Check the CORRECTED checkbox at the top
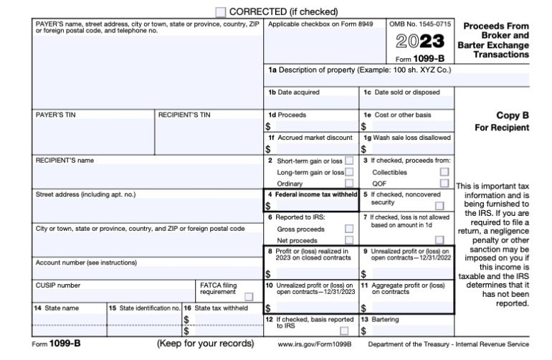pyautogui.click(x=221, y=12)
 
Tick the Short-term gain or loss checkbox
pyautogui.click(x=349, y=161)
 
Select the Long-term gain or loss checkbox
pyautogui.click(x=349, y=172)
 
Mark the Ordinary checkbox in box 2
pyautogui.click(x=349, y=184)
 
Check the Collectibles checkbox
pyautogui.click(x=444, y=172)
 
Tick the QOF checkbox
pyautogui.click(x=444, y=184)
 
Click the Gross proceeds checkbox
pyautogui.click(x=349, y=228)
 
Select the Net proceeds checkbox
pyautogui.click(x=349, y=240)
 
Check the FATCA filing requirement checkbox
pyautogui.click(x=249, y=296)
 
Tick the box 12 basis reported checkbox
pyautogui.click(x=345, y=331)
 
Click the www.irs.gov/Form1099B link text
pyautogui.click(x=313, y=345)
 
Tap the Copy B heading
pyautogui.click(x=513, y=115)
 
